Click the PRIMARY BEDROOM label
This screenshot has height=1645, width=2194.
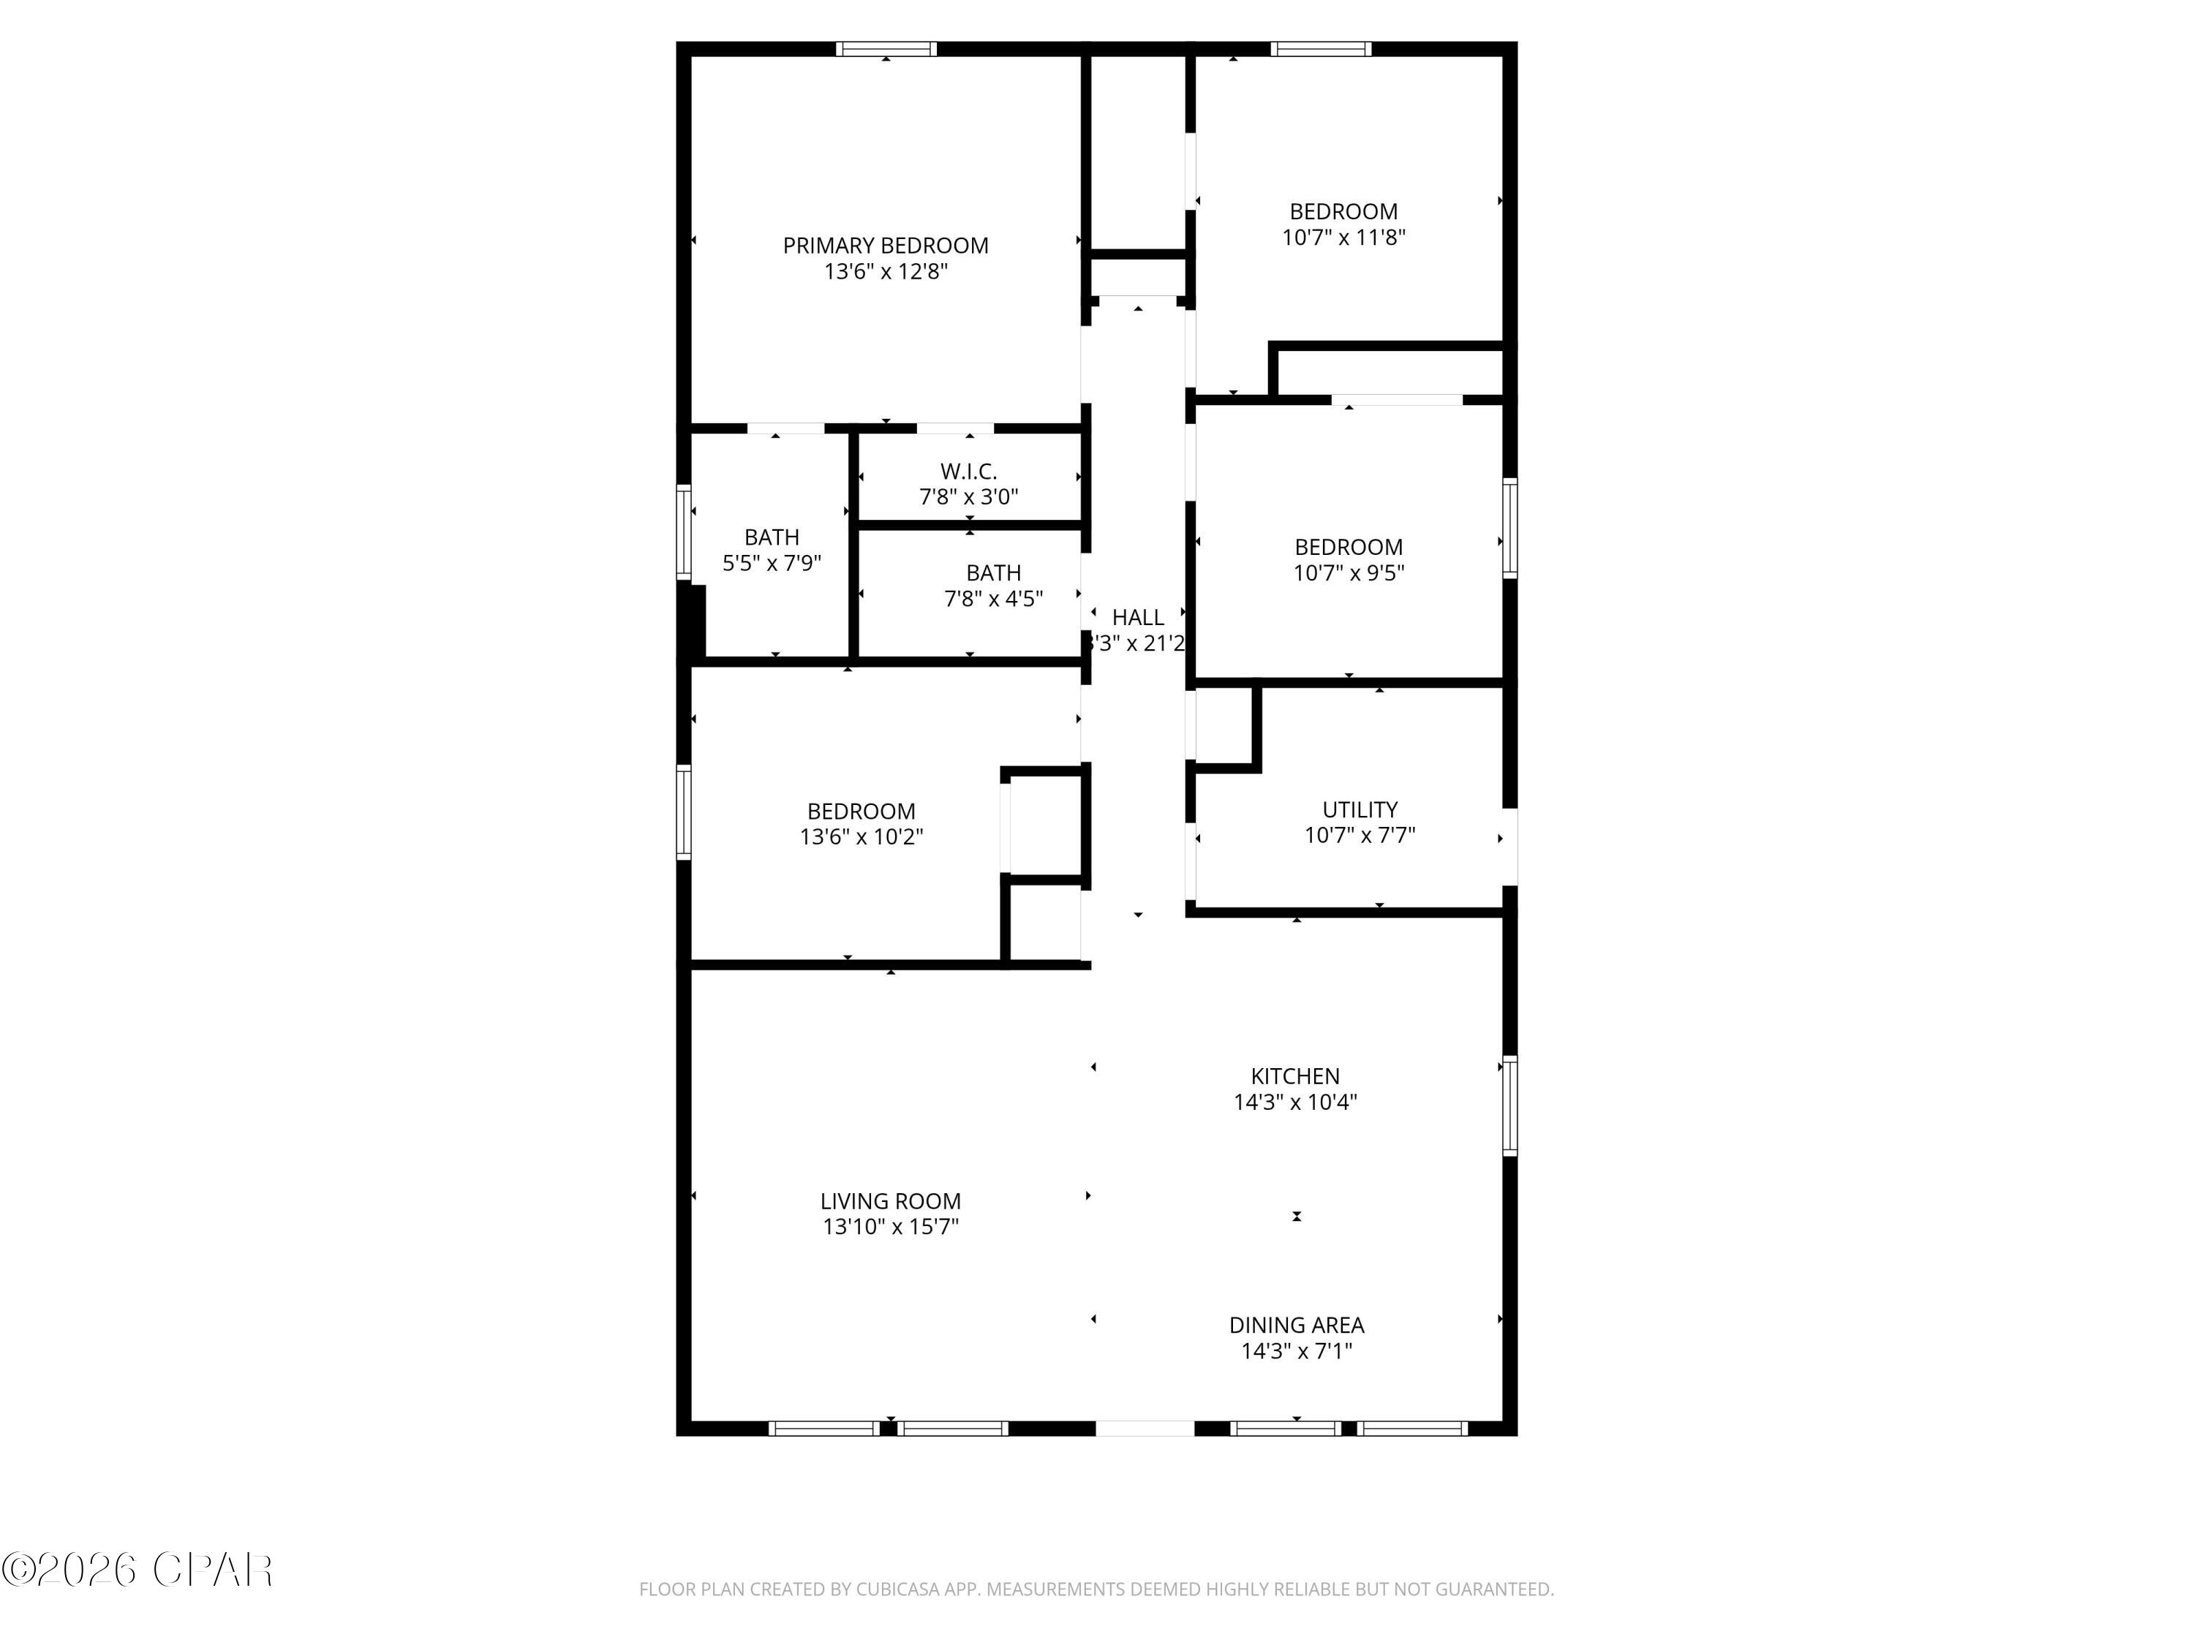pyautogui.click(x=885, y=246)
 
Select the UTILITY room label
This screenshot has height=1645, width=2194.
pyautogui.click(x=1359, y=809)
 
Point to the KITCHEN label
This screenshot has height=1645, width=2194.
pyautogui.click(x=1294, y=1076)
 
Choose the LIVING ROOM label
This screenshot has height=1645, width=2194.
pyautogui.click(x=890, y=1200)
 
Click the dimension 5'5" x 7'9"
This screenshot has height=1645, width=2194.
pyautogui.click(x=772, y=563)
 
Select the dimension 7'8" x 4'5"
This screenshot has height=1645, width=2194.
pyautogui.click(x=993, y=599)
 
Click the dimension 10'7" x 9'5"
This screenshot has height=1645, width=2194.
pyautogui.click(x=1348, y=573)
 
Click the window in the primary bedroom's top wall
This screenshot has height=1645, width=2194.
pyautogui.click(x=886, y=48)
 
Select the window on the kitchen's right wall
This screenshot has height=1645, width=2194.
pyautogui.click(x=1509, y=1105)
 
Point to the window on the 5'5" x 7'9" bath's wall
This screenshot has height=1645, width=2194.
pyautogui.click(x=683, y=532)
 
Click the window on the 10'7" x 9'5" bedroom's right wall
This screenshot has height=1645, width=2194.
pyautogui.click(x=1509, y=528)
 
